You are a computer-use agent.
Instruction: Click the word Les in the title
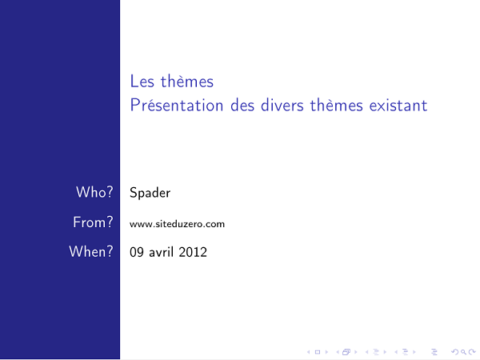tap(141, 82)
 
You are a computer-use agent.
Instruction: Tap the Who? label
tap(94, 193)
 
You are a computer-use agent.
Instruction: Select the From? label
tap(92, 223)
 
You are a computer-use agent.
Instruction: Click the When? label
tap(90, 252)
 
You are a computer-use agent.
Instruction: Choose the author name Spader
tap(150, 193)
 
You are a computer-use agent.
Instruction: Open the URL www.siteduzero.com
tap(177, 224)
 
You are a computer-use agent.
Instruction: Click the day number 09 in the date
tap(137, 252)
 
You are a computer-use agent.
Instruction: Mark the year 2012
tap(193, 252)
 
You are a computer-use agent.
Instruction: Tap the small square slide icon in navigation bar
tap(317, 351)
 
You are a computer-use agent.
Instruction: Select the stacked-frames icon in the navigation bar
tap(347, 351)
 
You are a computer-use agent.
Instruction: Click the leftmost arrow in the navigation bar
tap(309, 351)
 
